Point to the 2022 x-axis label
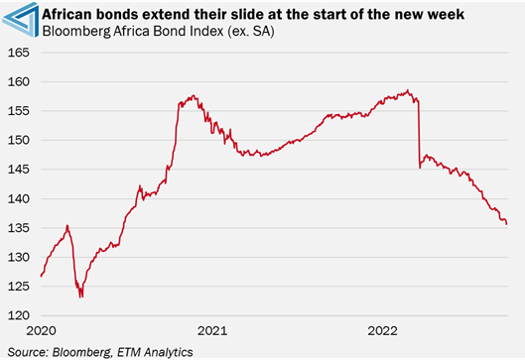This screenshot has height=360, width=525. pyautogui.click(x=382, y=329)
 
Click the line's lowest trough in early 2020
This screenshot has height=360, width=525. pyautogui.click(x=80, y=296)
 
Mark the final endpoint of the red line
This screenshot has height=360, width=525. pyautogui.click(x=507, y=224)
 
